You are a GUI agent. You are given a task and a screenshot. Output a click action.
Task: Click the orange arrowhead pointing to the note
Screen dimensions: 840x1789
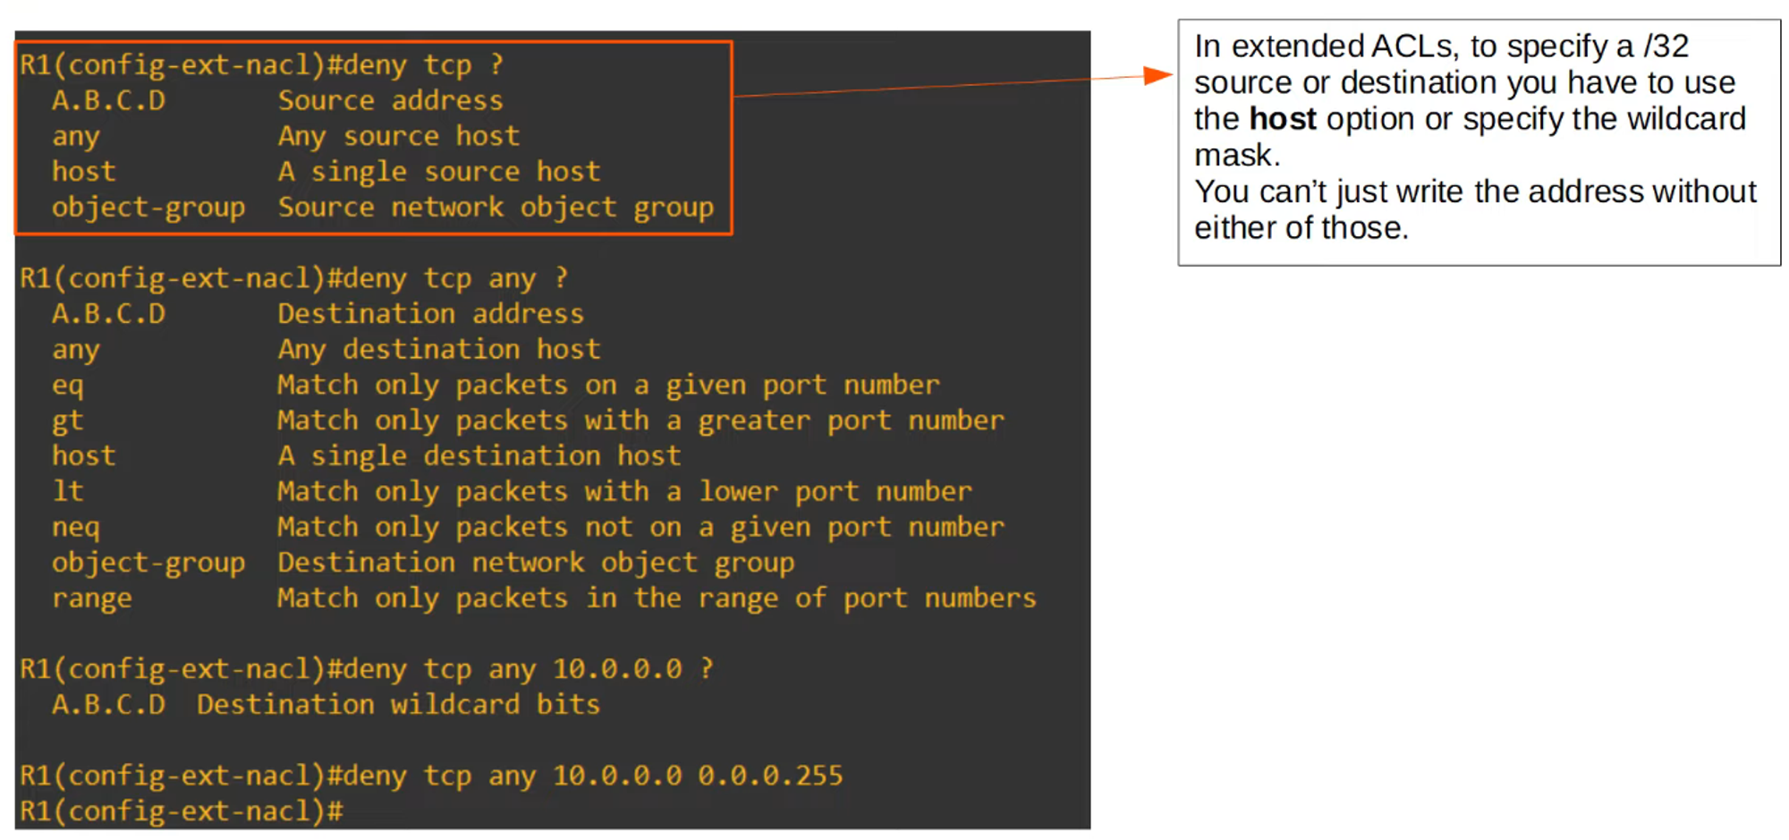[1159, 76]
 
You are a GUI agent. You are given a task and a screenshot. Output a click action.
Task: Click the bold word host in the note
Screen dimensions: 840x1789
[1283, 119]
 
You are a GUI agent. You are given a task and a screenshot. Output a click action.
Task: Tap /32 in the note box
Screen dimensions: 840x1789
[1666, 46]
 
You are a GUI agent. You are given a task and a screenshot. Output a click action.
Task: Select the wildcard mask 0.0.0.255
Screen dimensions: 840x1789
[770, 775]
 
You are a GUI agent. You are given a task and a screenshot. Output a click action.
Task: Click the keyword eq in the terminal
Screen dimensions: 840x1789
[67, 386]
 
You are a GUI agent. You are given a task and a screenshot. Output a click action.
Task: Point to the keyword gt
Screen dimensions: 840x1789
[67, 421]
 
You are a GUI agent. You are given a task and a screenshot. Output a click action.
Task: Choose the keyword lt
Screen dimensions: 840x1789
[67, 491]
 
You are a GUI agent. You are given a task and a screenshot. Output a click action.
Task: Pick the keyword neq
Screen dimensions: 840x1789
[75, 528]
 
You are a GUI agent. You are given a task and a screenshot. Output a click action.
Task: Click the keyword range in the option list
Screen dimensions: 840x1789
[91, 598]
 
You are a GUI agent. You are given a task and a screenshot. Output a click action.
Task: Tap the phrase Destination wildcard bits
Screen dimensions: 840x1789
[398, 704]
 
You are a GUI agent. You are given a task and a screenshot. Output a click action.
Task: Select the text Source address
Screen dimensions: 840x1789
[390, 100]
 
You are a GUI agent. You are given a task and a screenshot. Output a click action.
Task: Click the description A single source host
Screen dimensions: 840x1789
[438, 171]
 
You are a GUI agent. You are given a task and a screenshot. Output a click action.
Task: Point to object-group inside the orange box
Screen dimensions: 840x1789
[148, 208]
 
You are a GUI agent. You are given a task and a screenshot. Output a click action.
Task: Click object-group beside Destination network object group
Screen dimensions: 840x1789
[148, 563]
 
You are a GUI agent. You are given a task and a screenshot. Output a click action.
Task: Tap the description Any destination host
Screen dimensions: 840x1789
[438, 349]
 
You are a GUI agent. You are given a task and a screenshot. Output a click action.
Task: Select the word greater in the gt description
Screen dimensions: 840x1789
[753, 420]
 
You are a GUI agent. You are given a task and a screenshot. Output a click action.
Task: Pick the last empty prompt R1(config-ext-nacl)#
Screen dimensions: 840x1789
[182, 811]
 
